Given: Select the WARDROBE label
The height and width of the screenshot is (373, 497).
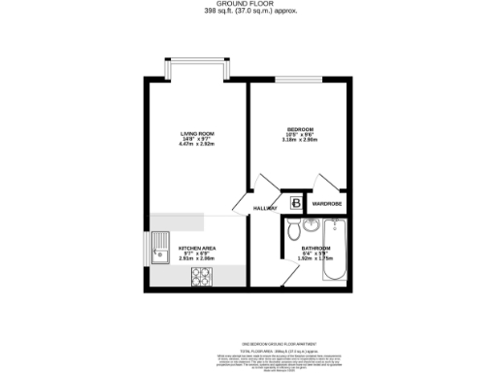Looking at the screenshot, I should pyautogui.click(x=327, y=203).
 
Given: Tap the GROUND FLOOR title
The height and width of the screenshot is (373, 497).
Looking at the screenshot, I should pyautogui.click(x=248, y=4).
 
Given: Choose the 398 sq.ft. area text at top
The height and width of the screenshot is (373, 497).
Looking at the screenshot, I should pyautogui.click(x=248, y=12).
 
